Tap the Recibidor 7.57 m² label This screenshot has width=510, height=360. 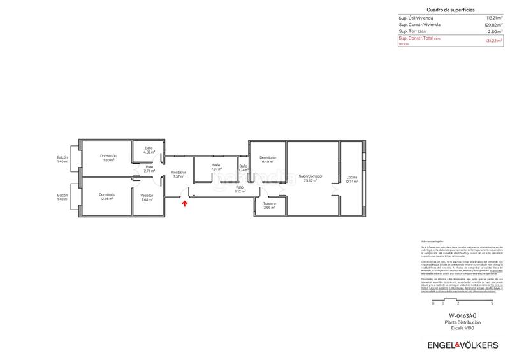[x=178, y=175]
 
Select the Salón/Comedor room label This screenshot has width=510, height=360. [x=310, y=178]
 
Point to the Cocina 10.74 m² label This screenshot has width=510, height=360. [x=352, y=179]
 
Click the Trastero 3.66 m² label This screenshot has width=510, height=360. [x=269, y=206]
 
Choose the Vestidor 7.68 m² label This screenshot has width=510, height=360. [x=147, y=198]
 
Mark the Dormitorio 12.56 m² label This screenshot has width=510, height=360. [x=107, y=196]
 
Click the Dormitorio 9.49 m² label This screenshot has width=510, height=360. [x=268, y=159]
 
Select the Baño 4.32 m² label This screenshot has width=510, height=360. [x=149, y=150]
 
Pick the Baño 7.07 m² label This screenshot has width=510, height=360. [x=217, y=167]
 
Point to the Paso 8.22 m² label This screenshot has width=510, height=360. [x=240, y=189]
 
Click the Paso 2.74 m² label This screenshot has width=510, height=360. [x=149, y=169]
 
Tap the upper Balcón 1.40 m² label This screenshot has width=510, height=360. [x=62, y=159]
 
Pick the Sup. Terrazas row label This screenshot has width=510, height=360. [x=412, y=31]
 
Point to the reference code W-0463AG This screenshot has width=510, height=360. [x=462, y=316]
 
